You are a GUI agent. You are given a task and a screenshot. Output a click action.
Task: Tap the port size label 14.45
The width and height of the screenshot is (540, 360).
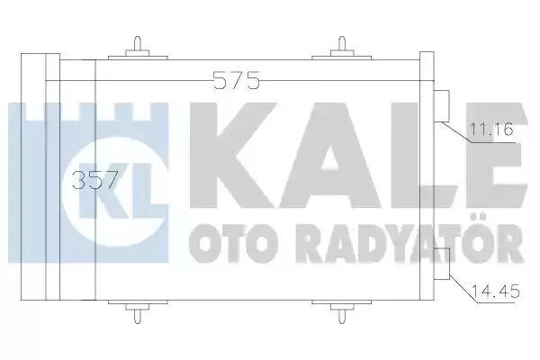tap(489, 291)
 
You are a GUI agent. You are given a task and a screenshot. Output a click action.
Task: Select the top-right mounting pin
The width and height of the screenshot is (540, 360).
tap(343, 46)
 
